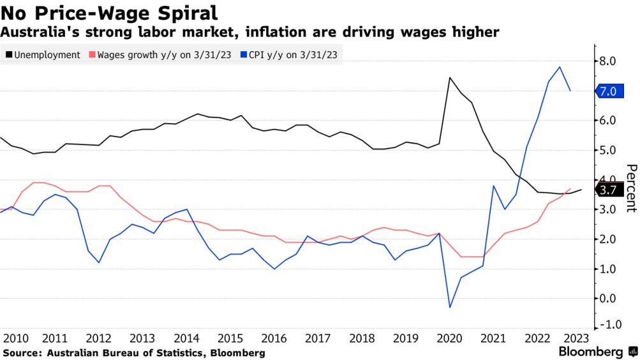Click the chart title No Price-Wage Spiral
110,12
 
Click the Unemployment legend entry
42,55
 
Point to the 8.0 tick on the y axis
607,61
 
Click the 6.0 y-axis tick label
607,121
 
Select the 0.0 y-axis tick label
607,298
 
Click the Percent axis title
631,188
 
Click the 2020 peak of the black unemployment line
450,78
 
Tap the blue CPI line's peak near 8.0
560,67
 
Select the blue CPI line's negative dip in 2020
450,307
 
